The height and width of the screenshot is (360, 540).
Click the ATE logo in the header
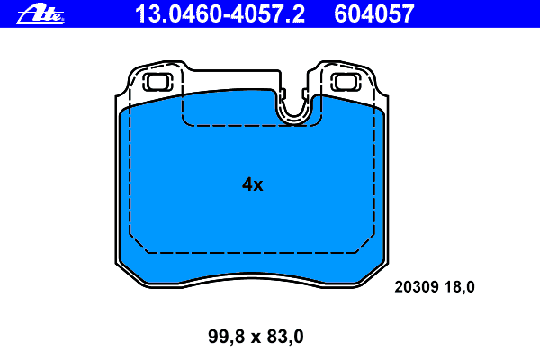click(x=40, y=13)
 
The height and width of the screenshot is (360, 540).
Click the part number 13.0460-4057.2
click(x=220, y=14)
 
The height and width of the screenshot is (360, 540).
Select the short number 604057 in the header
click(x=374, y=14)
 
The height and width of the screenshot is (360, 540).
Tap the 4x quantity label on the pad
click(x=252, y=184)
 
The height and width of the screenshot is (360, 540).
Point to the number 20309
click(x=417, y=286)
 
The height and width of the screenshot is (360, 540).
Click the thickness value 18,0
click(x=459, y=286)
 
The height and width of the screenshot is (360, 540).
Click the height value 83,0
click(x=285, y=337)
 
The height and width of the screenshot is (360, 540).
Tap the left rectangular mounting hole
click(x=157, y=82)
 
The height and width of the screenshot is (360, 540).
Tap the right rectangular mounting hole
click(x=346, y=82)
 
